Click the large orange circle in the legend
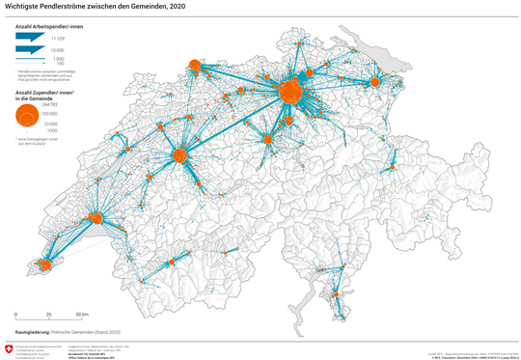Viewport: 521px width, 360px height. (x=28, y=115)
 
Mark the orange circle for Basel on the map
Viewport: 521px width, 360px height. (x=194, y=67)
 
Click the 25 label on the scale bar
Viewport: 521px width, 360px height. (x=48, y=316)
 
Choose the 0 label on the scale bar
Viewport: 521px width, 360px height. (x=16, y=316)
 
